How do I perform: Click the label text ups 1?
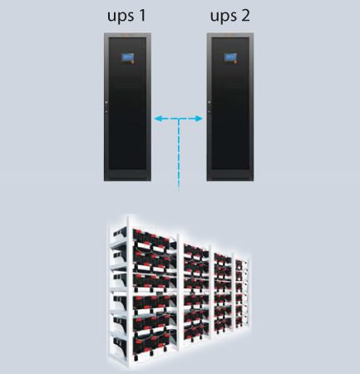[x=126, y=16]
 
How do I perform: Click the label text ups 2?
[x=230, y=16]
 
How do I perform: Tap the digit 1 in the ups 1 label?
[x=142, y=15]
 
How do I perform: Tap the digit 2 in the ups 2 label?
[x=245, y=15]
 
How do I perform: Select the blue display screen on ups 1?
[x=127, y=57]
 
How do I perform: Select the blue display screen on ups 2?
[x=229, y=57]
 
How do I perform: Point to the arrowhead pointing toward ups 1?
[x=158, y=119]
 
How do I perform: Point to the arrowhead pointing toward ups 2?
[x=199, y=119]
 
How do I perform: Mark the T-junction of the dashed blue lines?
[x=179, y=119]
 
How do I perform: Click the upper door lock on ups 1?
[x=106, y=102]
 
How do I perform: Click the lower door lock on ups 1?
[x=106, y=112]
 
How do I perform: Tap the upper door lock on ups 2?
[x=210, y=102]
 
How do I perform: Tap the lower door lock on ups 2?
[x=210, y=112]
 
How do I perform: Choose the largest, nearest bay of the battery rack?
[x=144, y=291]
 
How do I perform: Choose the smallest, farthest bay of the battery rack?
[x=242, y=293]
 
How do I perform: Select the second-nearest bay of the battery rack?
[x=196, y=291]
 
